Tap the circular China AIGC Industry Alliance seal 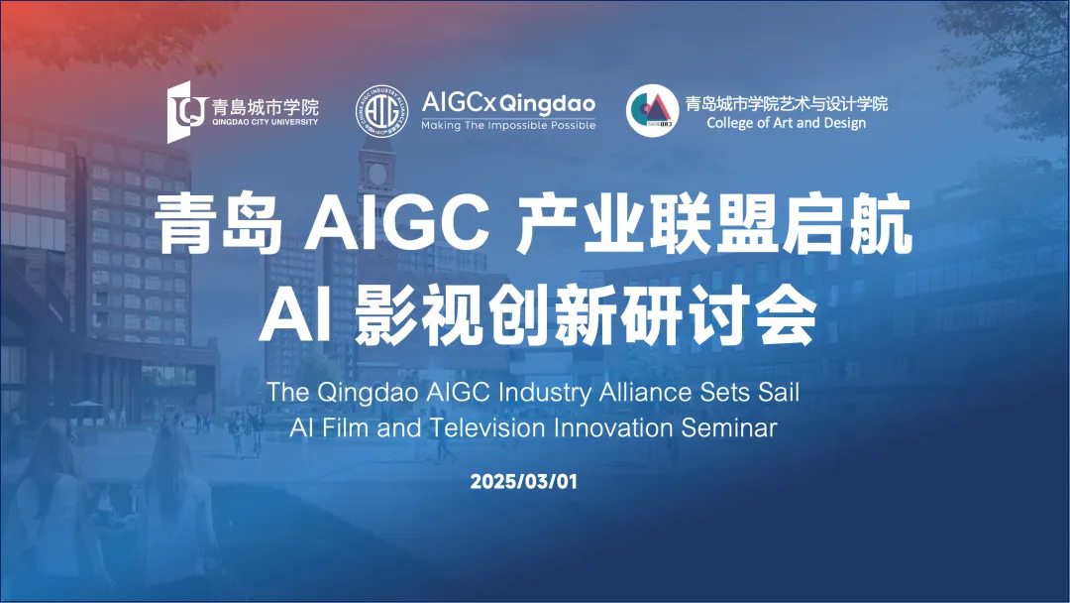[x=382, y=111]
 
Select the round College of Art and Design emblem [x=652, y=111]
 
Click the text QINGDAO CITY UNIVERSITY [x=265, y=122]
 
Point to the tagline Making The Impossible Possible [x=508, y=126]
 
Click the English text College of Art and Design [x=786, y=123]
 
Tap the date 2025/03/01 [x=524, y=481]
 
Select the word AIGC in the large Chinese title [x=397, y=223]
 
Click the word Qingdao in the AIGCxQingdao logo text [x=547, y=104]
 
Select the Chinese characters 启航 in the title [x=847, y=223]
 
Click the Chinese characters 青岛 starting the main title [x=219, y=223]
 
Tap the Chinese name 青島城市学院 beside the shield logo [x=265, y=106]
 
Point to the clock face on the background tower [x=376, y=174]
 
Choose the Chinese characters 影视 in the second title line [x=419, y=317]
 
